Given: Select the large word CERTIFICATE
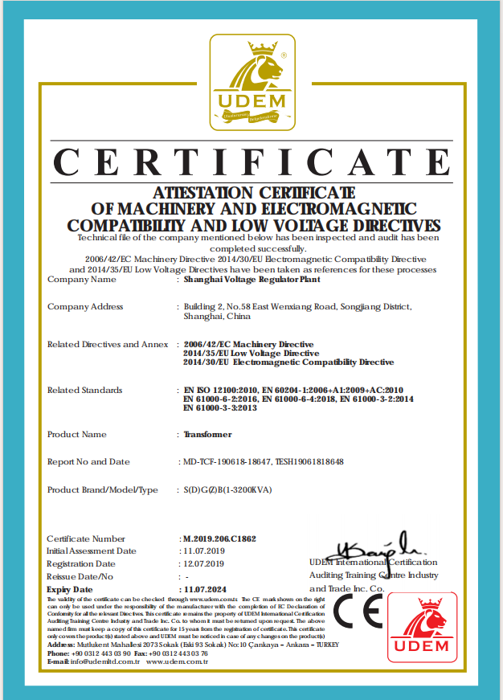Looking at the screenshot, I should coord(251,164).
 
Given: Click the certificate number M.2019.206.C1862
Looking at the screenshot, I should coord(219,538).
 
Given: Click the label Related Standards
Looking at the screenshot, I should coord(84,391).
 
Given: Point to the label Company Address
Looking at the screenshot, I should coord(85,306).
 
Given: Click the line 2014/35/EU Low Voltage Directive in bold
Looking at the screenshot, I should coord(251,354).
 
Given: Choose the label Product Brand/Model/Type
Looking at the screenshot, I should coord(103,489).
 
